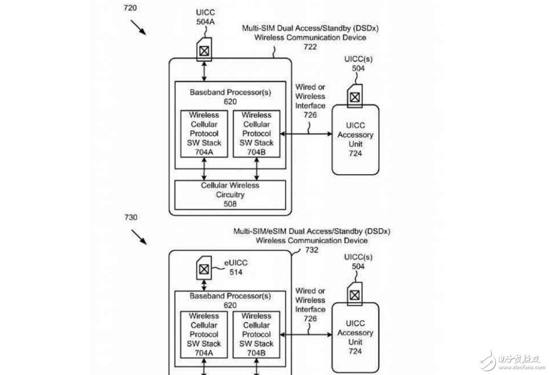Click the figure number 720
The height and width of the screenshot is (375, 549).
point(130,9)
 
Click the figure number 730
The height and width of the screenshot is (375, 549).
point(130,217)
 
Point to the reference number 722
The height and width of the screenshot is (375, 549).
point(310,47)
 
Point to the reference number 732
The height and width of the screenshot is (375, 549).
point(312,250)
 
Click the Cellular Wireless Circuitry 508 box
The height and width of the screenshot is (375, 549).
point(230,194)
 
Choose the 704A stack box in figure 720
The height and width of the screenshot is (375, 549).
point(204,134)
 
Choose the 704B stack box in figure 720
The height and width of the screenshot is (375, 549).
point(256,134)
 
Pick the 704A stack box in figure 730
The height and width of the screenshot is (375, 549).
point(204,335)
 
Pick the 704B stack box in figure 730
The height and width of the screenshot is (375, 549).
point(256,335)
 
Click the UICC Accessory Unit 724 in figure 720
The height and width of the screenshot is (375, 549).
point(355,139)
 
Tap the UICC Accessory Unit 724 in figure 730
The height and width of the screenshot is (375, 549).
point(355,337)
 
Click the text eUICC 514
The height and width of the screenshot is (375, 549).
point(236,268)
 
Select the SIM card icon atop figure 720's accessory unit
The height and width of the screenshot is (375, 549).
point(354,96)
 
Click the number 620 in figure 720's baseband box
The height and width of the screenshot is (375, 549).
point(230,102)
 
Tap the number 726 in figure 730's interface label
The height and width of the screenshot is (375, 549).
point(310,318)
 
